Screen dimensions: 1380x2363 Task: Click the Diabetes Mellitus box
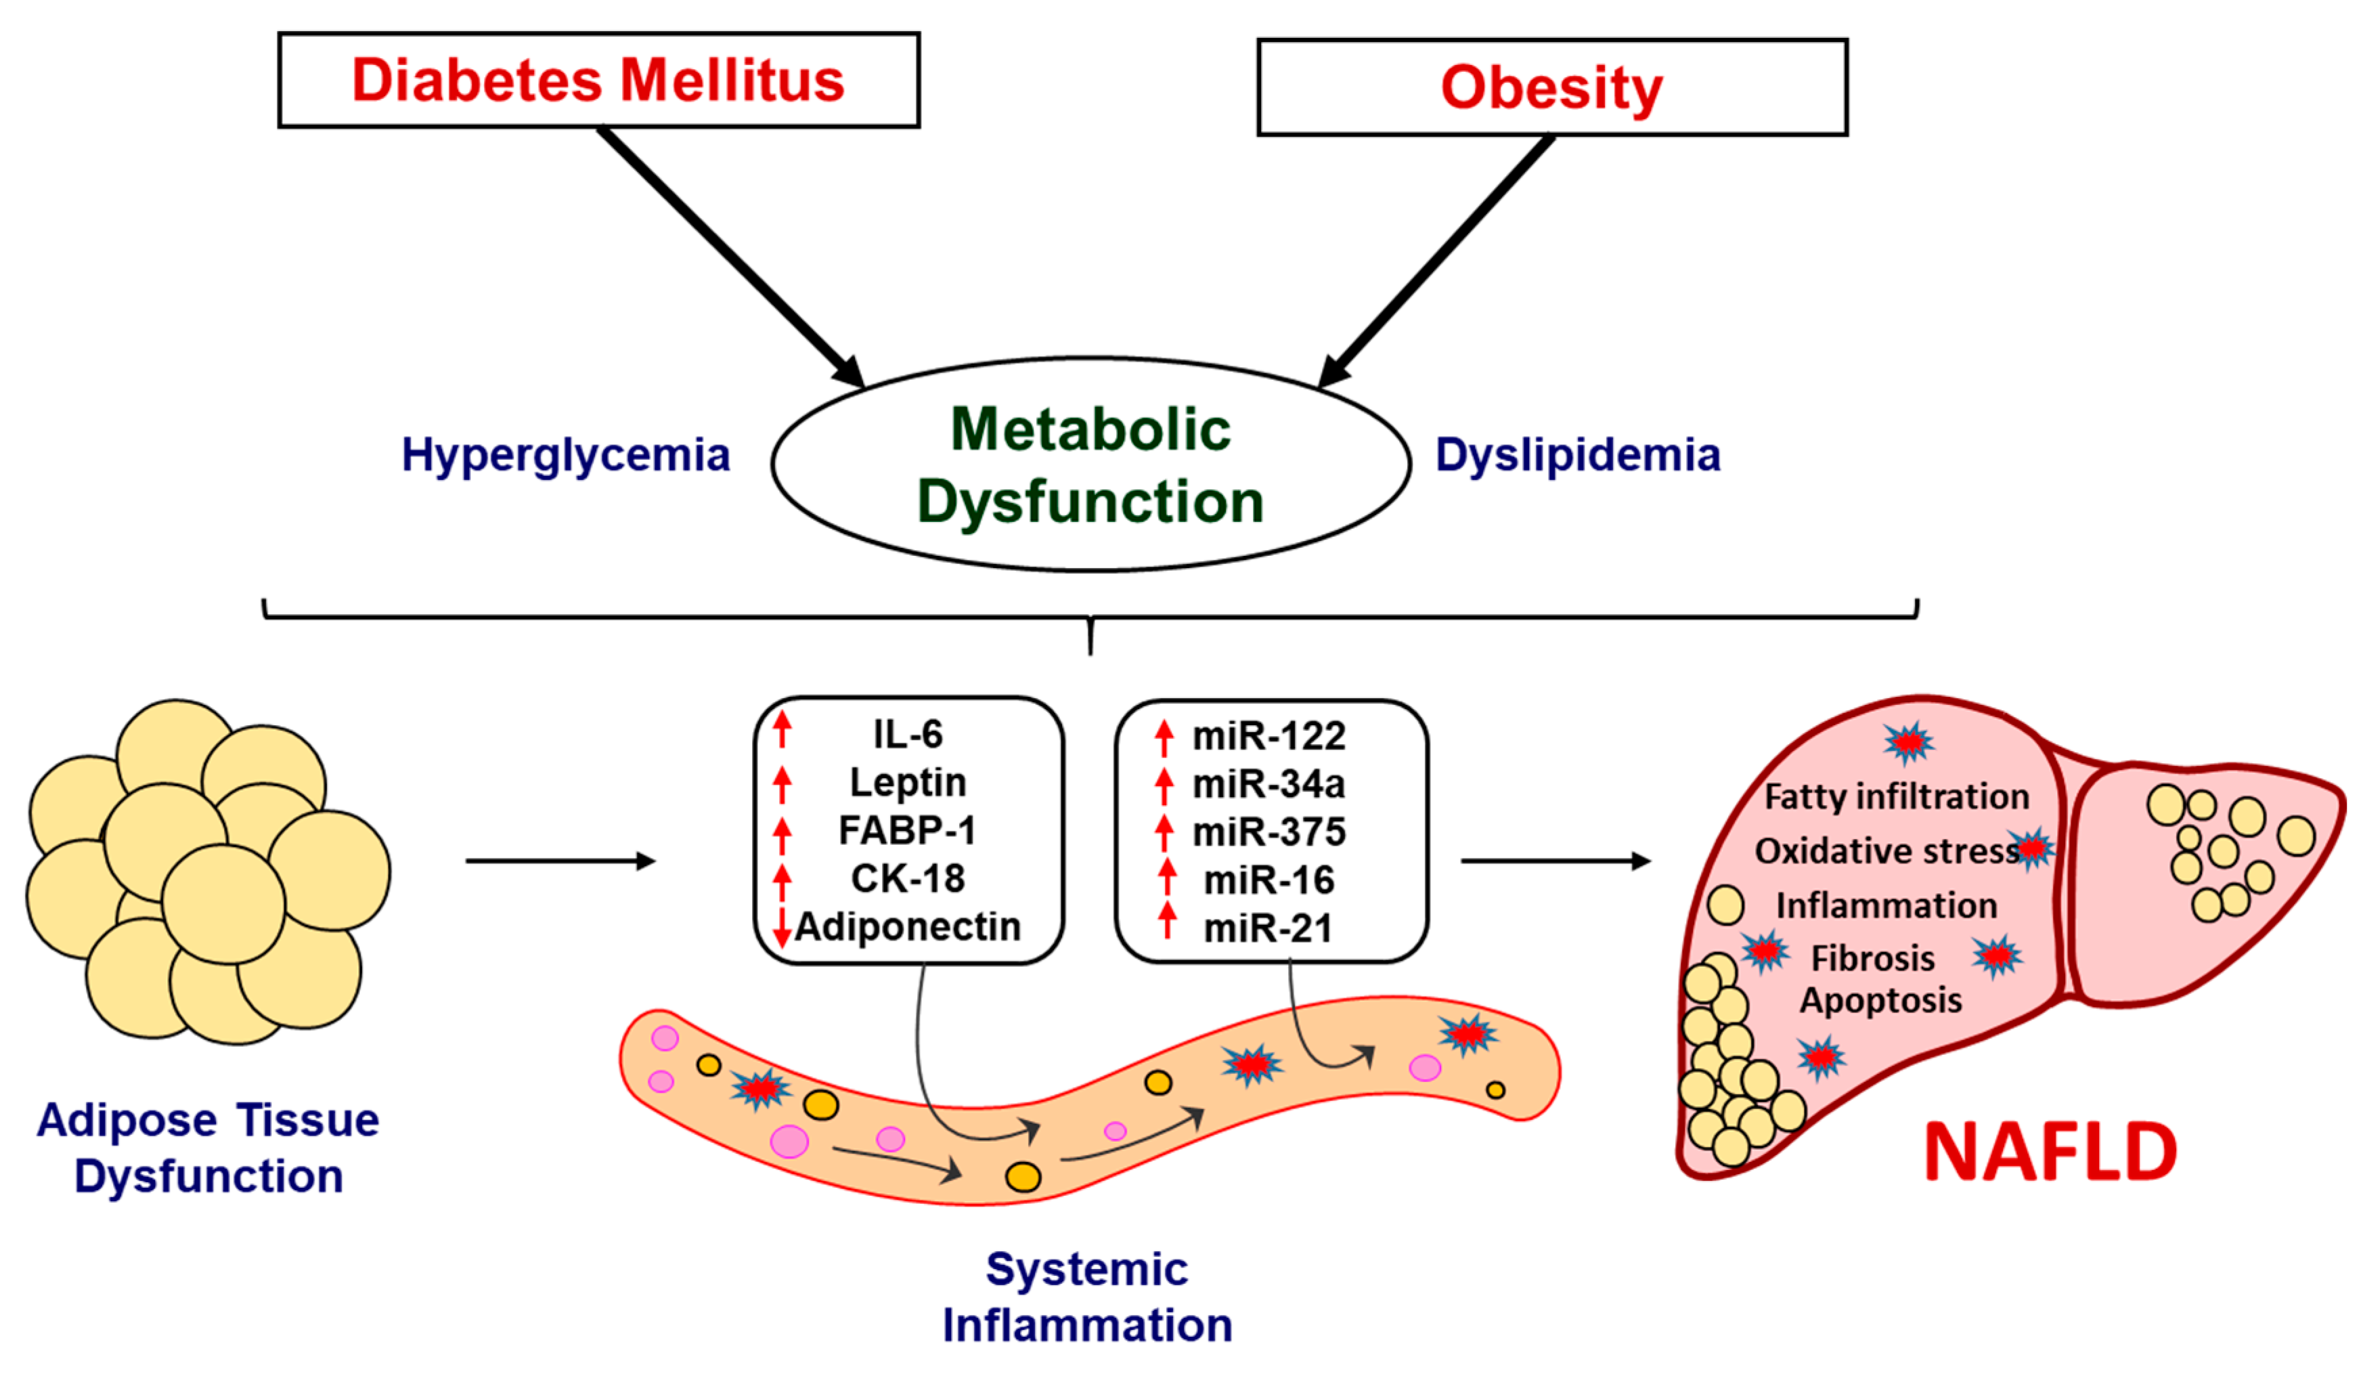pos(598,80)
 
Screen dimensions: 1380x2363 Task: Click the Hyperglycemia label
pos(565,455)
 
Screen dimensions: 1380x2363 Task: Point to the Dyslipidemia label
pos(1578,455)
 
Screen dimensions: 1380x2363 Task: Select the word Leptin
pos(908,782)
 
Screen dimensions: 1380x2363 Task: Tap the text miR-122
pos(1268,737)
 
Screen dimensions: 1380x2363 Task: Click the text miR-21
pos(1268,929)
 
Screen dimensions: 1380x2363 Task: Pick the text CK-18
pos(908,879)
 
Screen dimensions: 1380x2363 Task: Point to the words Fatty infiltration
pos(1896,796)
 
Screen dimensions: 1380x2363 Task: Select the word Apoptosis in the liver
pos(1880,1000)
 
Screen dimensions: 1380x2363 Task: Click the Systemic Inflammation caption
pos(1087,1297)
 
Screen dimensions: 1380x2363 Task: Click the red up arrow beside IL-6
pos(782,731)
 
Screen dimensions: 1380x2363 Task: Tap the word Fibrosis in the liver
pos(1872,958)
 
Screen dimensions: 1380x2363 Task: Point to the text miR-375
pos(1268,832)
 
